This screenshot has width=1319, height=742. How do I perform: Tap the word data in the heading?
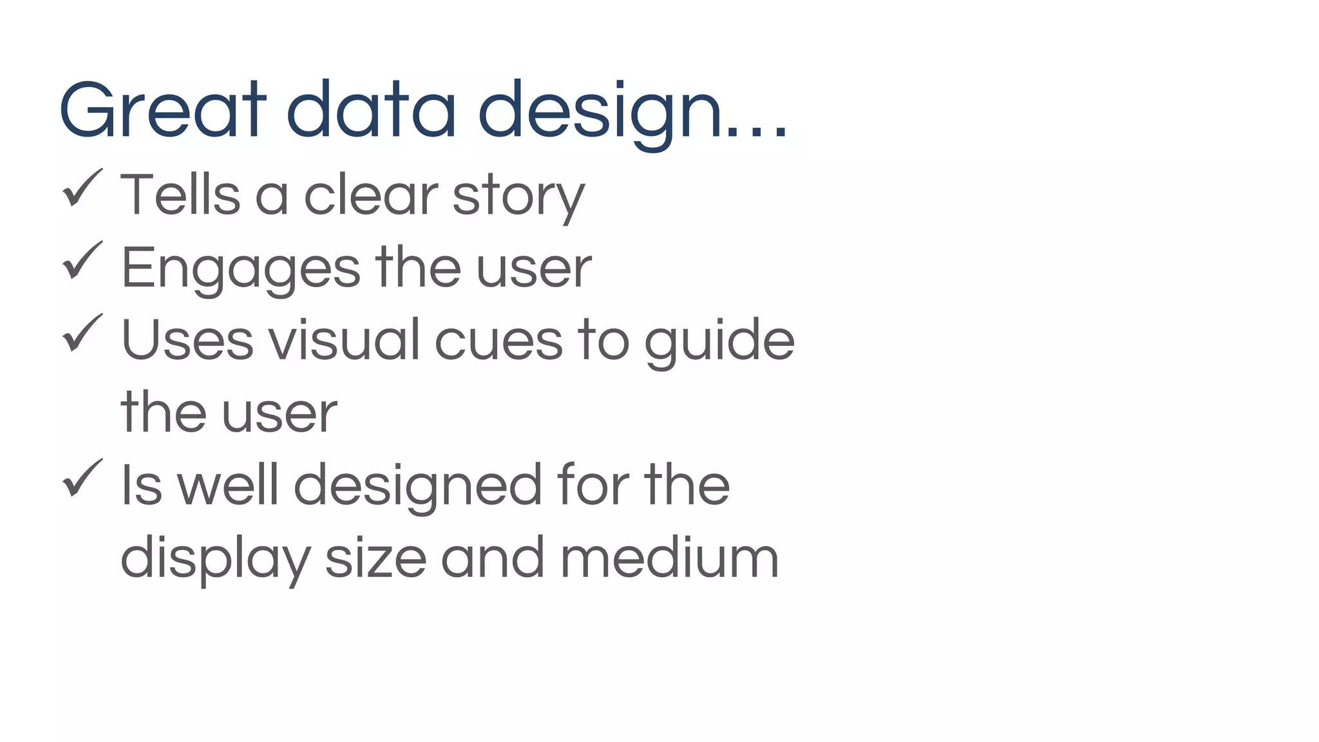(371, 109)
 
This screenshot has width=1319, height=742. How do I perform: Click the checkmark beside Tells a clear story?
(82, 188)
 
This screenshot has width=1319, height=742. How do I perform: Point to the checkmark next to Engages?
(82, 261)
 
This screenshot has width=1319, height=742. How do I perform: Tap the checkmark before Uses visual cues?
(82, 333)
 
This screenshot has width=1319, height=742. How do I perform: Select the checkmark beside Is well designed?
(82, 478)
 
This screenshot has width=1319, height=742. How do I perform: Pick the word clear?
(371, 195)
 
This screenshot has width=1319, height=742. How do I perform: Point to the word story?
(518, 196)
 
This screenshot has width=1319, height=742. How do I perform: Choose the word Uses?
(187, 340)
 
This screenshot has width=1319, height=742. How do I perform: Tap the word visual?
(345, 340)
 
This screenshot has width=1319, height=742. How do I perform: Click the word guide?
(719, 341)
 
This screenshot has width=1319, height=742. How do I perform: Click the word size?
(375, 558)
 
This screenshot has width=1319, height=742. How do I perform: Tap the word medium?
(670, 558)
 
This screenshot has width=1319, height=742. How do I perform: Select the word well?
(227, 485)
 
